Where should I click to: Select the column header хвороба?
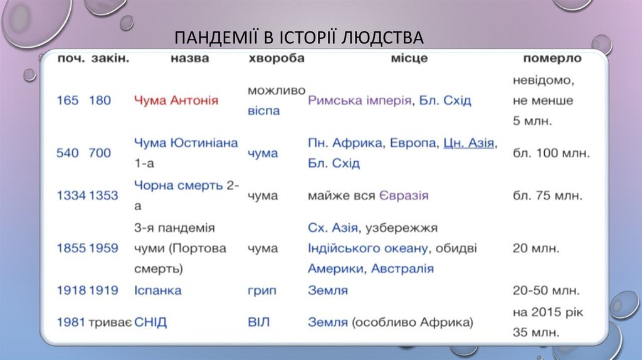click(x=276, y=58)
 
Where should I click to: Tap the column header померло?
click(x=552, y=58)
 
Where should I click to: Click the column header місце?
click(x=409, y=58)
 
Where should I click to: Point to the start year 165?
click(x=68, y=100)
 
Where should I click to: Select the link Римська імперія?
click(x=359, y=100)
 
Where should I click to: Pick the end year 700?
click(x=100, y=153)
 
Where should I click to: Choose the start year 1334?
click(x=71, y=196)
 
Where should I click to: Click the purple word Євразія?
click(x=404, y=196)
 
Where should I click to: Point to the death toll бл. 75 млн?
click(x=547, y=196)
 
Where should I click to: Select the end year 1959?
click(x=103, y=248)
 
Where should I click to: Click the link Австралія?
click(x=402, y=269)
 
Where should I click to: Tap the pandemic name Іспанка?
click(x=158, y=290)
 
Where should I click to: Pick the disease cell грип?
click(x=261, y=290)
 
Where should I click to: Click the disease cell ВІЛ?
click(x=258, y=322)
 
